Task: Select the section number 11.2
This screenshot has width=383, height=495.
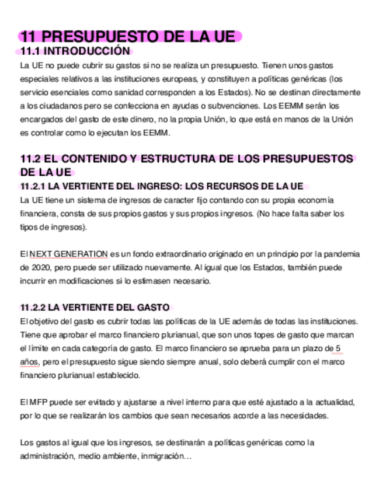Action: (x=30, y=159)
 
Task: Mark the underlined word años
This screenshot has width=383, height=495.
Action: (x=29, y=362)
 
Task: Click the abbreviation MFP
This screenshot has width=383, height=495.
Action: (x=34, y=403)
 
